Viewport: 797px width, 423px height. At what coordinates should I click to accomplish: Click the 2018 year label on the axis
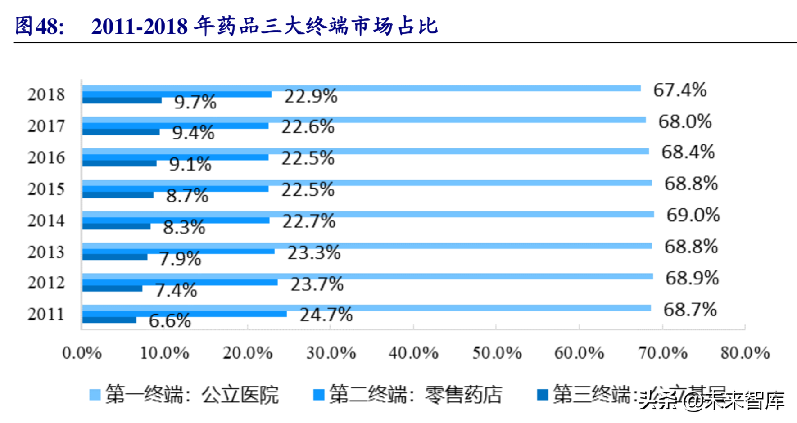pyautogui.click(x=46, y=95)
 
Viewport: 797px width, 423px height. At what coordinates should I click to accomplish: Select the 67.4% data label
pyautogui.click(x=680, y=90)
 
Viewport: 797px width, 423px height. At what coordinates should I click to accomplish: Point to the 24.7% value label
pyautogui.click(x=326, y=315)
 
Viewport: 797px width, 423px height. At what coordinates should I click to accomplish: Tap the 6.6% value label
pyautogui.click(x=170, y=321)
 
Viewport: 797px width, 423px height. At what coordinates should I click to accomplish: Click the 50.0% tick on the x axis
pyautogui.click(x=497, y=353)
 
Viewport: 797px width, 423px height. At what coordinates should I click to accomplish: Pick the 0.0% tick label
pyautogui.click(x=82, y=353)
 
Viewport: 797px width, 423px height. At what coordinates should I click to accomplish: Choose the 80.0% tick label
pyautogui.click(x=745, y=353)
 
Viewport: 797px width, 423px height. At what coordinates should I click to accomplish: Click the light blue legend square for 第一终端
pyautogui.click(x=95, y=395)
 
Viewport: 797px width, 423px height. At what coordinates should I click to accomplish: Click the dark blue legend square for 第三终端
pyautogui.click(x=543, y=395)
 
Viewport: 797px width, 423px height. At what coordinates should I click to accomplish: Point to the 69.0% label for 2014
pyautogui.click(x=693, y=216)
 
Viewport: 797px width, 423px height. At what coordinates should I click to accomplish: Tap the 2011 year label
pyautogui.click(x=46, y=314)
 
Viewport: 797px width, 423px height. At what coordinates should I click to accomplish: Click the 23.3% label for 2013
pyautogui.click(x=314, y=253)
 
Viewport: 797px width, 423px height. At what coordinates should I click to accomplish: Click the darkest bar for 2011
pyautogui.click(x=109, y=320)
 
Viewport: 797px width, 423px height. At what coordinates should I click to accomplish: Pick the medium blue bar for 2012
pyautogui.click(x=180, y=283)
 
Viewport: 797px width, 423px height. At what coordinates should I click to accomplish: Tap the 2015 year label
pyautogui.click(x=46, y=189)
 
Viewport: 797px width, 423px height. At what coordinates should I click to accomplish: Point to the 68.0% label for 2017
pyautogui.click(x=685, y=122)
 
